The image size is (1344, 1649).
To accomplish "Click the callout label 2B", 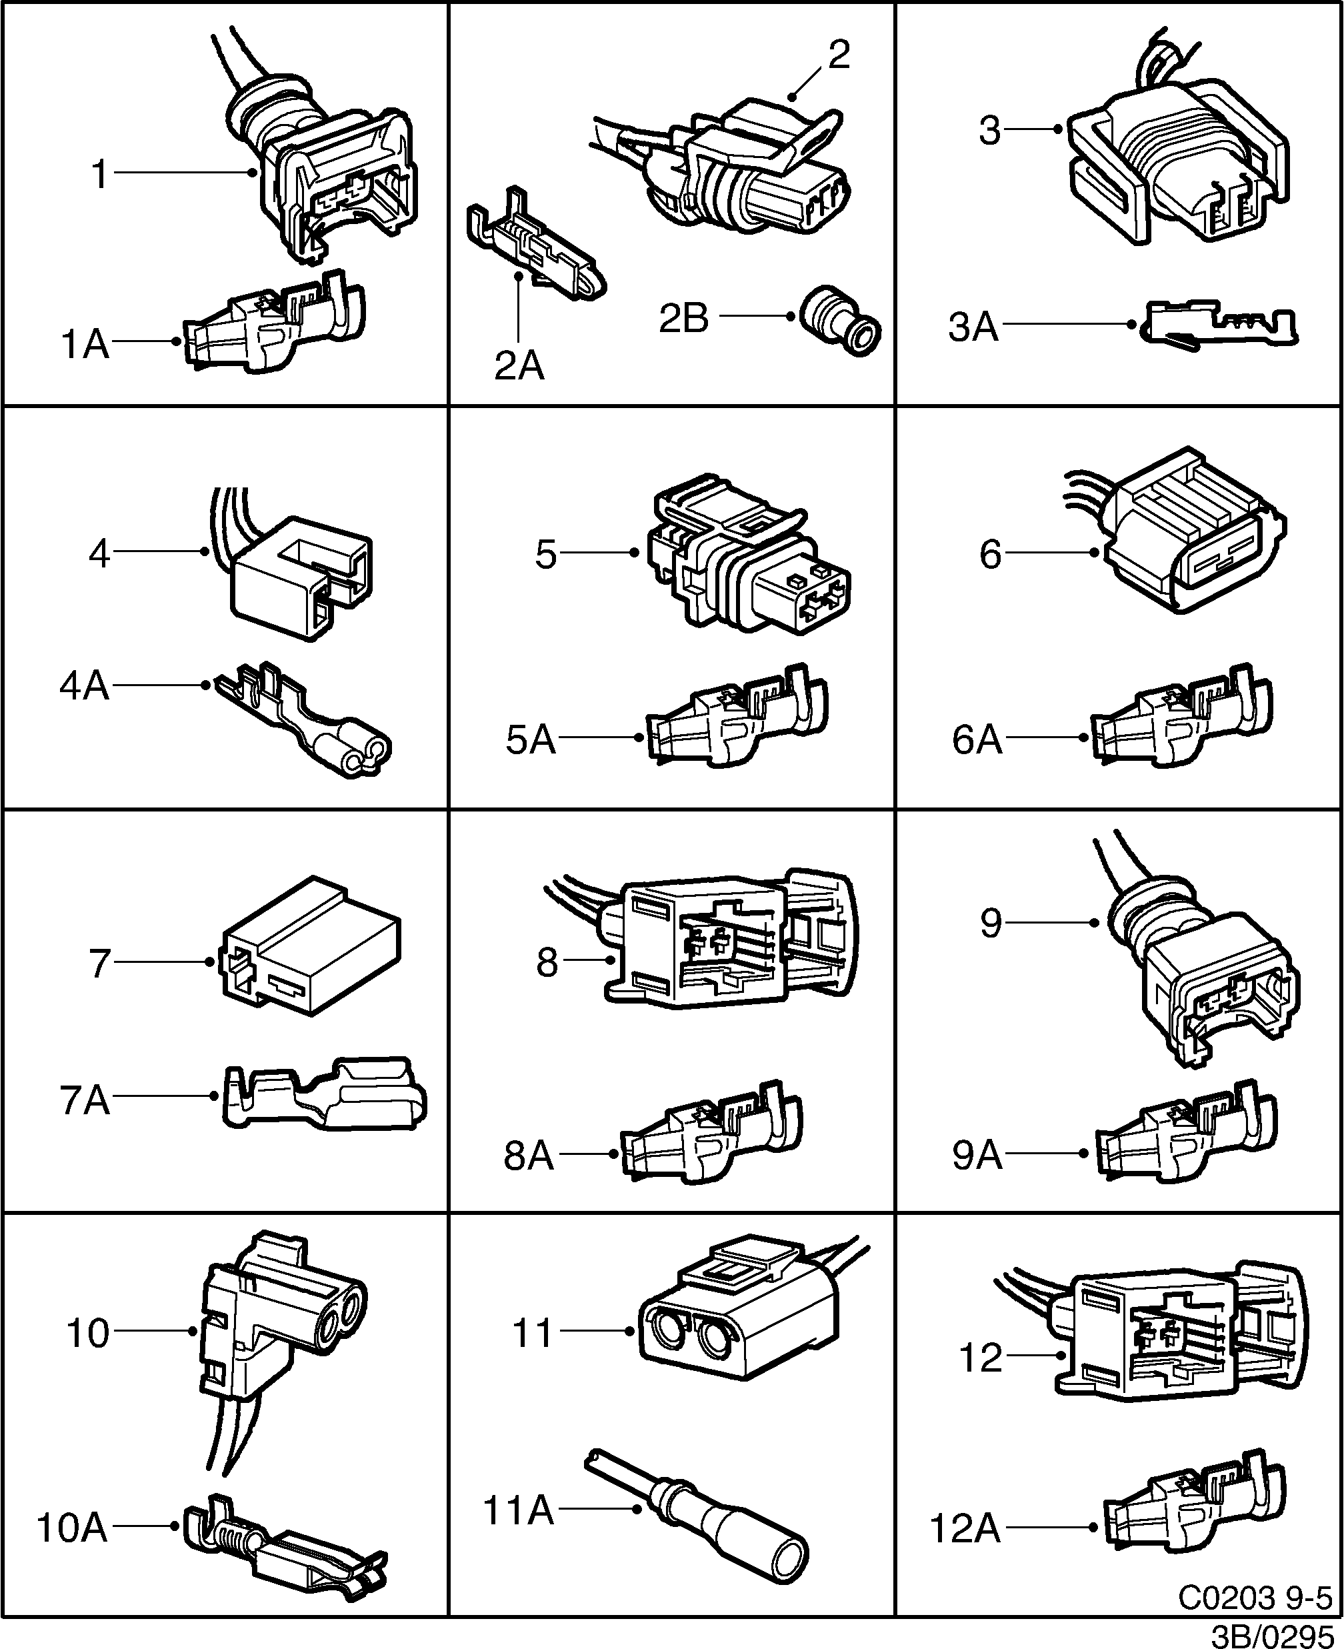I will click(683, 319).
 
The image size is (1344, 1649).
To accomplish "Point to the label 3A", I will click(973, 327).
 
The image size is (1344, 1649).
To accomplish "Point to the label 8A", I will click(529, 1156).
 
